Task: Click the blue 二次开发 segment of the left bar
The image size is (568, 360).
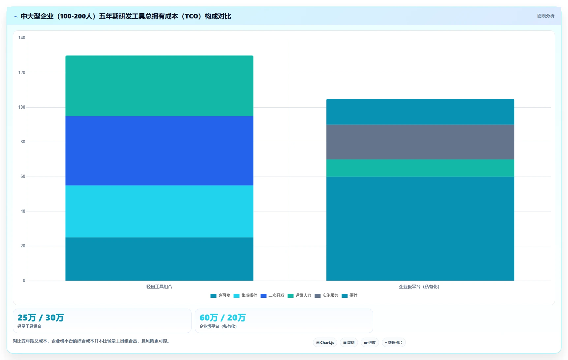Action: coord(159,151)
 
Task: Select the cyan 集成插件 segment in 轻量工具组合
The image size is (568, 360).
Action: coord(159,211)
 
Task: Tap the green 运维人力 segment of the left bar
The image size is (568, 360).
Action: coord(159,86)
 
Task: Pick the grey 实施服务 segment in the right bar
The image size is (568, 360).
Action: coord(420,142)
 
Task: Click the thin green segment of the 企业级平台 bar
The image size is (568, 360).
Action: coord(420,168)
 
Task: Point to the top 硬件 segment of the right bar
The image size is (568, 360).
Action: coord(420,112)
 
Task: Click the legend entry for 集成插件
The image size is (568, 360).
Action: coord(245,295)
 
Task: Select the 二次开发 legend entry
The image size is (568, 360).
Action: coord(272,295)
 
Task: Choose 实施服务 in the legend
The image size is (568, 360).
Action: coord(326,295)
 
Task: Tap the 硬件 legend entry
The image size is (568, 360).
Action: coord(349,295)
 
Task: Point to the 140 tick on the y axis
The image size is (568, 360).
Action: coord(22,38)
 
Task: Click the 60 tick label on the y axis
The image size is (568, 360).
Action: coord(23,177)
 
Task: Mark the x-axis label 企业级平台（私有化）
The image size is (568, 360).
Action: coord(419,287)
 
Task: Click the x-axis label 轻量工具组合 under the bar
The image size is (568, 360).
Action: coord(159,287)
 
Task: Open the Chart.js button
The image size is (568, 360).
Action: coord(325,343)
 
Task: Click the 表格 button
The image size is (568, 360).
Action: coord(349,343)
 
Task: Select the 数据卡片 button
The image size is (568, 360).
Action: coord(394,343)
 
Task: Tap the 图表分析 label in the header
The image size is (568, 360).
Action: coord(546,16)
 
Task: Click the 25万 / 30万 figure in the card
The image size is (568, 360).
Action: coord(41,318)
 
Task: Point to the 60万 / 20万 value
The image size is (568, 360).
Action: coord(223,318)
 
